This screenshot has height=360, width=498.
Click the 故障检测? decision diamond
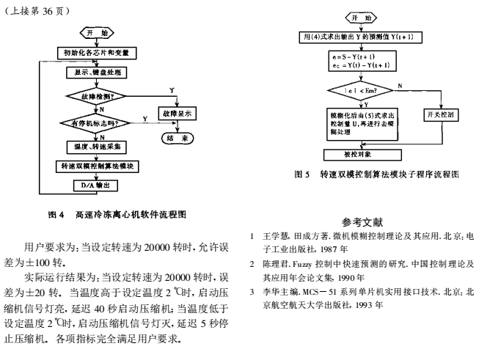pos(99,95)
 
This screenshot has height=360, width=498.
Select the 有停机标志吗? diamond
pos(96,123)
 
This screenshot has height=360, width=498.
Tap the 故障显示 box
pos(177,114)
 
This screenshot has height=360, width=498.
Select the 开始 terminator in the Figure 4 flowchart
pos(96,33)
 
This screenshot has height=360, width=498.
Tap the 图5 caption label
pos(299,175)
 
